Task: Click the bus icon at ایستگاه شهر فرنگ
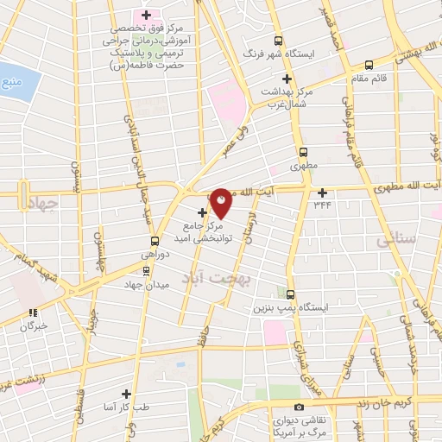[x=278, y=41]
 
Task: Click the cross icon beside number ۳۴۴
[x=323, y=192]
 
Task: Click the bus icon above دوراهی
[x=155, y=241]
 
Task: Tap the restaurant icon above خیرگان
[x=33, y=313]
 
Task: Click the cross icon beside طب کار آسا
[x=126, y=394]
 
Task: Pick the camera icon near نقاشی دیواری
[x=299, y=407]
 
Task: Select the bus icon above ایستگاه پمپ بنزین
[x=290, y=294]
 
